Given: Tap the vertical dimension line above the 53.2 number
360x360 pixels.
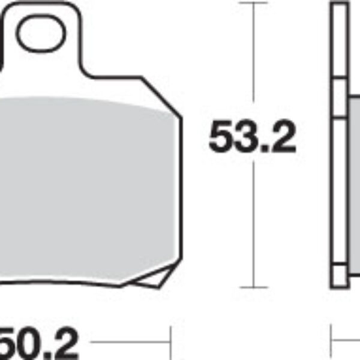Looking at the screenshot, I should coord(254,60).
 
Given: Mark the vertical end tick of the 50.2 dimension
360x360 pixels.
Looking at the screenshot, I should coord(172,343).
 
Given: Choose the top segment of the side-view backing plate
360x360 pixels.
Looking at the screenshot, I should coord(338,39).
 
